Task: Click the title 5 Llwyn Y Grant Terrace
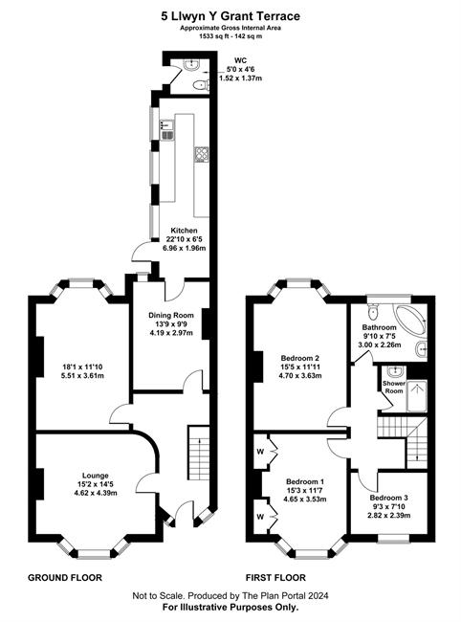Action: pos(230,16)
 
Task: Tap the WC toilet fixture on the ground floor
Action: pos(202,85)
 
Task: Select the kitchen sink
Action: pos(167,130)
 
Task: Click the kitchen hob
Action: pos(202,154)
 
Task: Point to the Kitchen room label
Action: pos(184,231)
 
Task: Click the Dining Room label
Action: pos(171,316)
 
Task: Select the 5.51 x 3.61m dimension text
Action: pos(82,375)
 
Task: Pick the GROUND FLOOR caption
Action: pos(65,578)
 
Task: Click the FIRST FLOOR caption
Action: pos(275,578)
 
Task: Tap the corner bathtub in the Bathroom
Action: pos(410,320)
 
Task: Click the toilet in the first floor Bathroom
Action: pos(373,311)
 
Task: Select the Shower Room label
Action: pos(394,388)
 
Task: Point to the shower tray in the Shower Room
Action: pos(417,396)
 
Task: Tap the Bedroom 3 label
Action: pos(389,498)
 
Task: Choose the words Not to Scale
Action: pos(158,595)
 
